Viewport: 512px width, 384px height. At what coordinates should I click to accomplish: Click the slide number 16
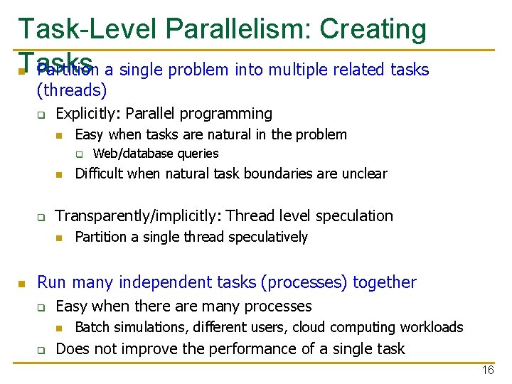click(487, 370)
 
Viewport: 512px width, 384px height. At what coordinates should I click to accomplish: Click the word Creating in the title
click(373, 29)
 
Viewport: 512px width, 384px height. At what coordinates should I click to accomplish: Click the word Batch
click(92, 327)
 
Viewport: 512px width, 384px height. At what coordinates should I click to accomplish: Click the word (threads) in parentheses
click(72, 90)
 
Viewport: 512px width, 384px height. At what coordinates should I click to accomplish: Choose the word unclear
click(364, 174)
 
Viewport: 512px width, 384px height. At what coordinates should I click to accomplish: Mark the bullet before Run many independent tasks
click(23, 284)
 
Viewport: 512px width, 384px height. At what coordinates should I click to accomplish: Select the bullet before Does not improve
click(42, 350)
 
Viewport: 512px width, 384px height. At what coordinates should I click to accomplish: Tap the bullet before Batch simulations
click(61, 328)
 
